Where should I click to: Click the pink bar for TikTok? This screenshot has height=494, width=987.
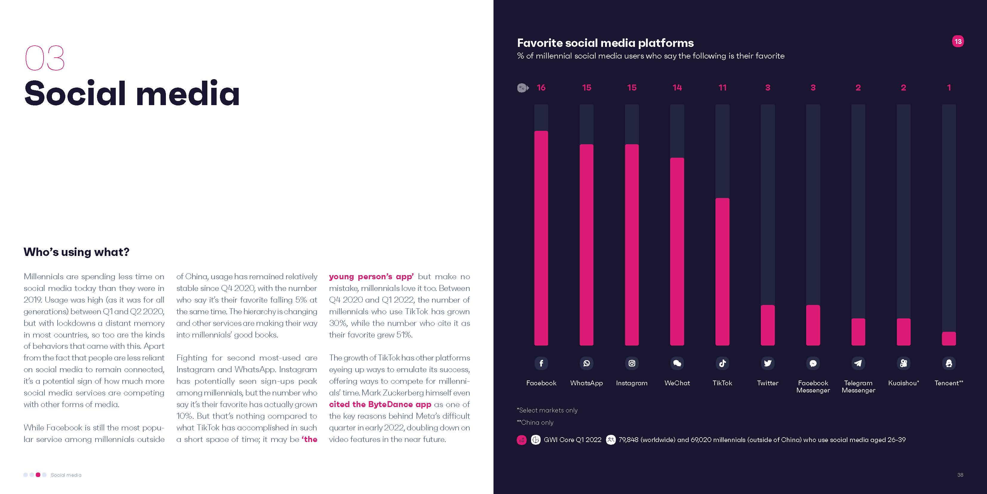(x=722, y=271)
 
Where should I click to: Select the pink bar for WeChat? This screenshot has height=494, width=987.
(x=677, y=251)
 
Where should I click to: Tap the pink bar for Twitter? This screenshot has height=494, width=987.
(x=767, y=325)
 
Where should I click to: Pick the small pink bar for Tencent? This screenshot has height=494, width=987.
(x=949, y=338)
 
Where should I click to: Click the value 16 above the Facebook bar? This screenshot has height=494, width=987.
(x=541, y=88)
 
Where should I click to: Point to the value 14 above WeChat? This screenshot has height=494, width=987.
(x=677, y=88)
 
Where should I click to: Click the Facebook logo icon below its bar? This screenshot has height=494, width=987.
(x=541, y=363)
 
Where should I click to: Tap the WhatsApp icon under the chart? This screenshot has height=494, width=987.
(x=586, y=363)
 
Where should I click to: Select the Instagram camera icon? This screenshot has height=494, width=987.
(x=632, y=363)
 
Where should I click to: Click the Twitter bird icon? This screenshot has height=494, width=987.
(x=767, y=363)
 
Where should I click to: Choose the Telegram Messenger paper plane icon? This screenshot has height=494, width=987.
(x=858, y=363)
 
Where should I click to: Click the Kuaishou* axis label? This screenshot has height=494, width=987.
(x=903, y=383)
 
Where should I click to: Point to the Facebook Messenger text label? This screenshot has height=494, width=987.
(x=813, y=386)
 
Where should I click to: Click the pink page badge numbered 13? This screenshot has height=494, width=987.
(x=958, y=42)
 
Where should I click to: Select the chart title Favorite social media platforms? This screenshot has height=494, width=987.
(x=605, y=43)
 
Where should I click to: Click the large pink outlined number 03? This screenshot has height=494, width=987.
(x=45, y=58)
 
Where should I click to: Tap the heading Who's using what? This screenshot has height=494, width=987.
(x=77, y=252)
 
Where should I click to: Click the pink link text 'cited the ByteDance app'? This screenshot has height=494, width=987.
(x=380, y=404)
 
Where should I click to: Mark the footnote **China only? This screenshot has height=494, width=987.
(x=535, y=422)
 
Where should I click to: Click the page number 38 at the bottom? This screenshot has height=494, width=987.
(x=960, y=475)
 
